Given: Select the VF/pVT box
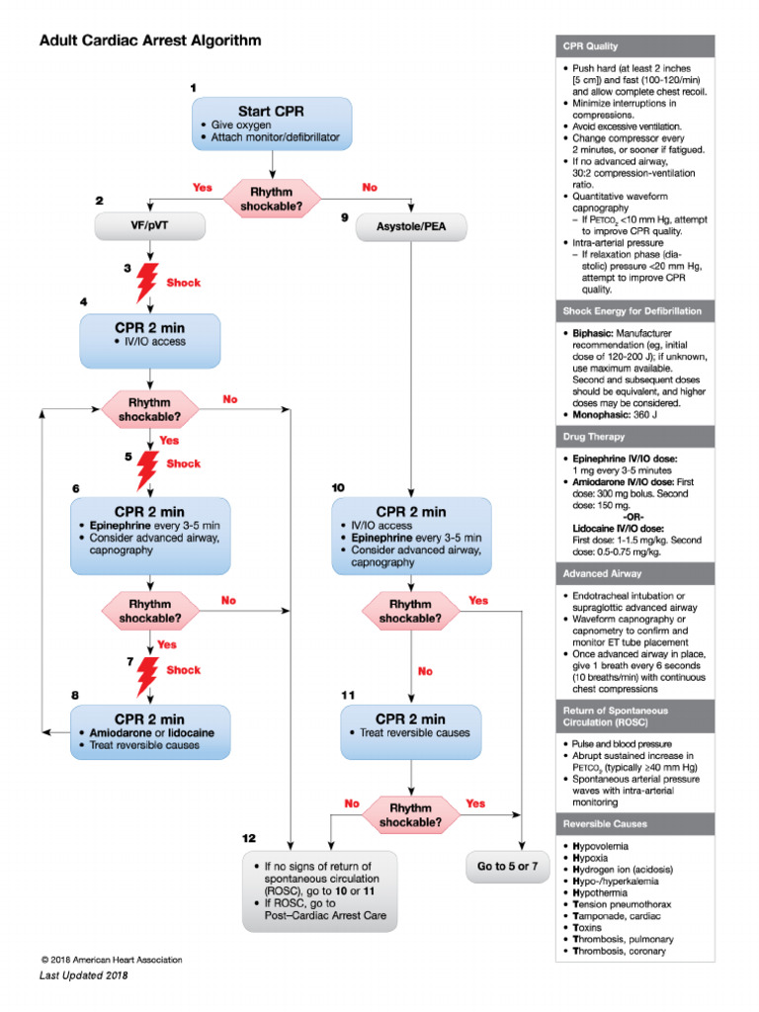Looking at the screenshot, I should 149,226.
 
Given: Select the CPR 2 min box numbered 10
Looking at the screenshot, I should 410,536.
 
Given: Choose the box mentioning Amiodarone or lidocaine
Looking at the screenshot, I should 149,731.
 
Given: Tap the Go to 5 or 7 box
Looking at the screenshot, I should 507,866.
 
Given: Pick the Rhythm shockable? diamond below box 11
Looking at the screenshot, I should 410,813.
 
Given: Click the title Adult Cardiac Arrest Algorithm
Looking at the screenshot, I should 150,42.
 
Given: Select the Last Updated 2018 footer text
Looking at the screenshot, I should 84,975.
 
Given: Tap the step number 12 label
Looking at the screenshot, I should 250,838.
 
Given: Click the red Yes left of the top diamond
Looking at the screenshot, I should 202,187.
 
